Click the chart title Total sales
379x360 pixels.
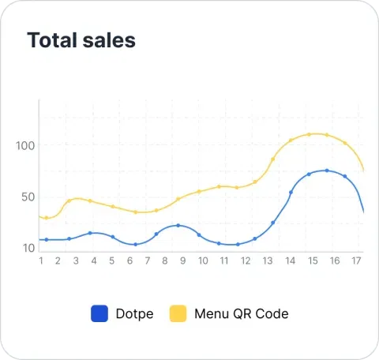coord(81,40)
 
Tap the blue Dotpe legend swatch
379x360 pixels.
coord(99,313)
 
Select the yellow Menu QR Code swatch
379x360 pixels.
coord(178,313)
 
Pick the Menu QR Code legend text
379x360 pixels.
coord(241,313)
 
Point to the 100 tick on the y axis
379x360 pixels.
coord(26,145)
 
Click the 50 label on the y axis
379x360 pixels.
coord(28,197)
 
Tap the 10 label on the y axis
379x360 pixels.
coord(28,248)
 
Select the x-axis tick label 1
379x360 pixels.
coord(40,261)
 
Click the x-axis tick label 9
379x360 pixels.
coord(183,261)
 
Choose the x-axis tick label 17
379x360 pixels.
coord(356,261)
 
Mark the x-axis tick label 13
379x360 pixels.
coord(268,261)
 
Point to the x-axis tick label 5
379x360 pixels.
coord(112,261)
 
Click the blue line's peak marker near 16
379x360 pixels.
coord(327,171)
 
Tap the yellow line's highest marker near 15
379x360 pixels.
coord(309,134)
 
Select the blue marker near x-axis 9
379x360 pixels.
coord(178,226)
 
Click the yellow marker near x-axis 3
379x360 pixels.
coord(69,201)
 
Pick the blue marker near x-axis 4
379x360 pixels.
coord(91,233)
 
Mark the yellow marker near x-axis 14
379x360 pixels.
coord(291,141)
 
